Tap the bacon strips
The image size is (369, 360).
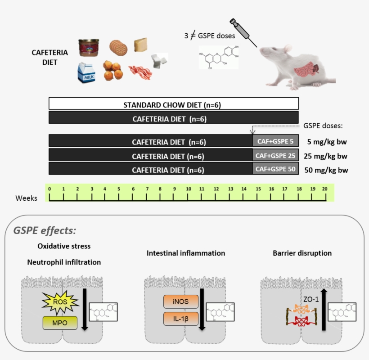pyautogui.click(x=138, y=71)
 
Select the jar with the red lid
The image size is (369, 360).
pyautogui.click(x=88, y=47)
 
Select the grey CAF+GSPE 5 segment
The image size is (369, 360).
pyautogui.click(x=275, y=141)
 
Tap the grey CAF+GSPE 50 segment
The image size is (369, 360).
pyautogui.click(x=275, y=169)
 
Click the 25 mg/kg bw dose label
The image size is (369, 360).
pyautogui.click(x=326, y=156)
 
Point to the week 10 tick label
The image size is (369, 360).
pyautogui.click(x=188, y=189)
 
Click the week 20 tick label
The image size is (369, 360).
pyautogui.click(x=324, y=189)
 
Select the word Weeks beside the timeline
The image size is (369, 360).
pyautogui.click(x=27, y=198)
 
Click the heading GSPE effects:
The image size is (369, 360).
pyautogui.click(x=45, y=230)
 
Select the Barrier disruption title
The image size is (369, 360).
pyautogui.click(x=302, y=253)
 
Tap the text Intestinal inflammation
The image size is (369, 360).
pyautogui.click(x=185, y=253)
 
